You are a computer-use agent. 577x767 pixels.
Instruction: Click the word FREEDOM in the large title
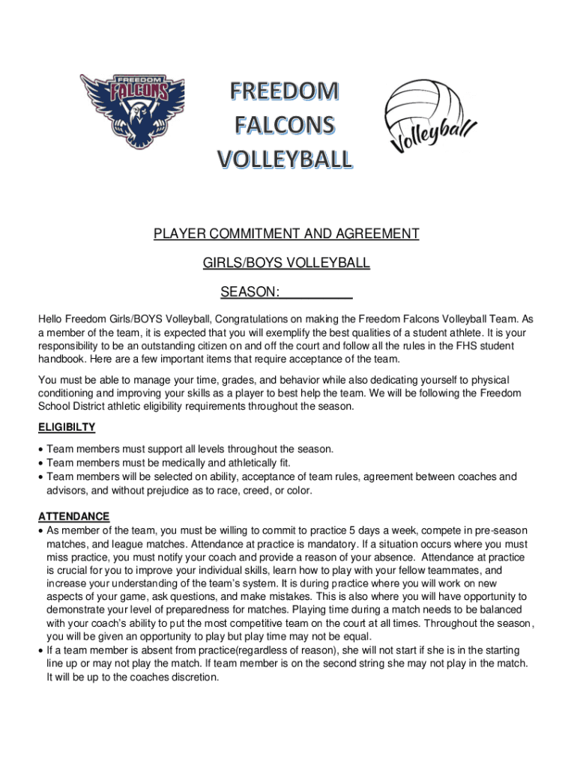tap(284, 91)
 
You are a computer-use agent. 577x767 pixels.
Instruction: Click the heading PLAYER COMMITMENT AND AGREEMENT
tap(286, 234)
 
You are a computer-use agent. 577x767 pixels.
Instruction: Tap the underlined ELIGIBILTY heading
tap(67, 427)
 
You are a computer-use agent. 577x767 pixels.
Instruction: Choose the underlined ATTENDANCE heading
tap(74, 516)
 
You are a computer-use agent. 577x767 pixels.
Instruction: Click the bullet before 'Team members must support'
tap(40, 449)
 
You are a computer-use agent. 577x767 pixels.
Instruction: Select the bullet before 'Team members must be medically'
tap(40, 463)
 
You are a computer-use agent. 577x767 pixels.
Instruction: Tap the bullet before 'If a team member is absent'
tap(40, 650)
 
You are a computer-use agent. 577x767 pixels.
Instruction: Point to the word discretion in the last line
tap(192, 677)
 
